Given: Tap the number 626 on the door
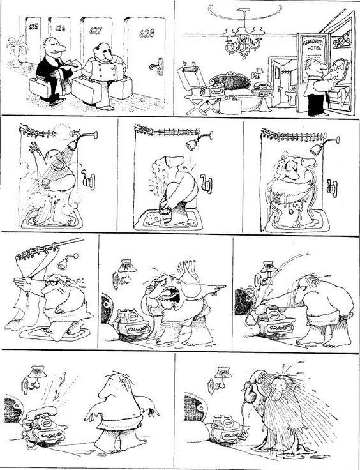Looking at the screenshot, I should click(61, 28).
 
